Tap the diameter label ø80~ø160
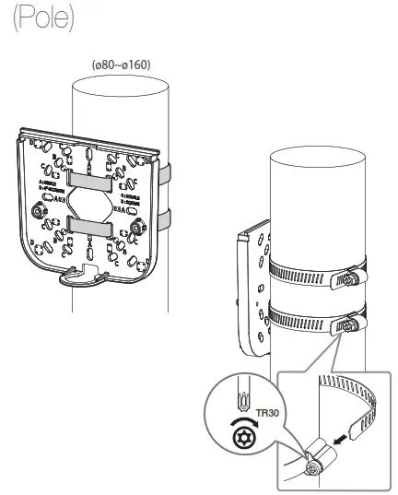pyautogui.click(x=121, y=65)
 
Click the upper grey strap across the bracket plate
pyautogui.click(x=93, y=175)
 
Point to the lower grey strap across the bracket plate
pyautogui.click(x=93, y=224)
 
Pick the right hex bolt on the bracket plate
pyautogui.click(x=138, y=223)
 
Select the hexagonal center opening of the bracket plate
pyautogui.click(x=92, y=199)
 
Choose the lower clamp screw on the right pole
pyautogui.click(x=348, y=324)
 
